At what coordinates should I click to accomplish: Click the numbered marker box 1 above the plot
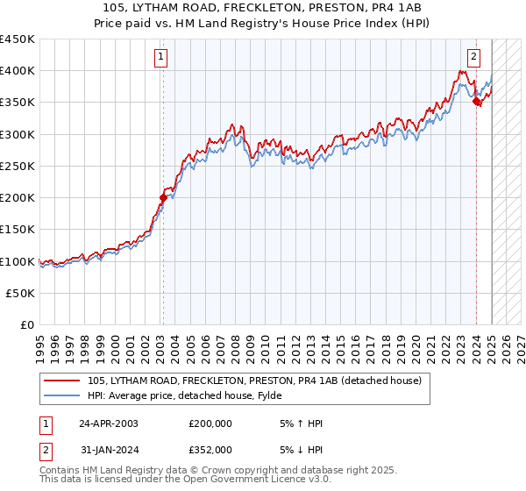pyautogui.click(x=162, y=58)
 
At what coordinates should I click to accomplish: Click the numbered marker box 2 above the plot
pyautogui.click(x=473, y=58)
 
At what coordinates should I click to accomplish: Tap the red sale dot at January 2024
pyautogui.click(x=476, y=101)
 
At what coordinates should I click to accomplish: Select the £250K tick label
pyautogui.click(x=18, y=166)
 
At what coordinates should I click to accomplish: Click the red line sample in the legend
pyautogui.click(x=63, y=381)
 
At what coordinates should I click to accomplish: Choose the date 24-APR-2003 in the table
pyautogui.click(x=109, y=423)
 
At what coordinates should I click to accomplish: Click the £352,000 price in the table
pyautogui.click(x=210, y=449)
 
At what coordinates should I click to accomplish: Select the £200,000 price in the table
pyautogui.click(x=210, y=423)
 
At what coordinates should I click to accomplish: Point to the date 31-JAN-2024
pyautogui.click(x=109, y=449)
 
